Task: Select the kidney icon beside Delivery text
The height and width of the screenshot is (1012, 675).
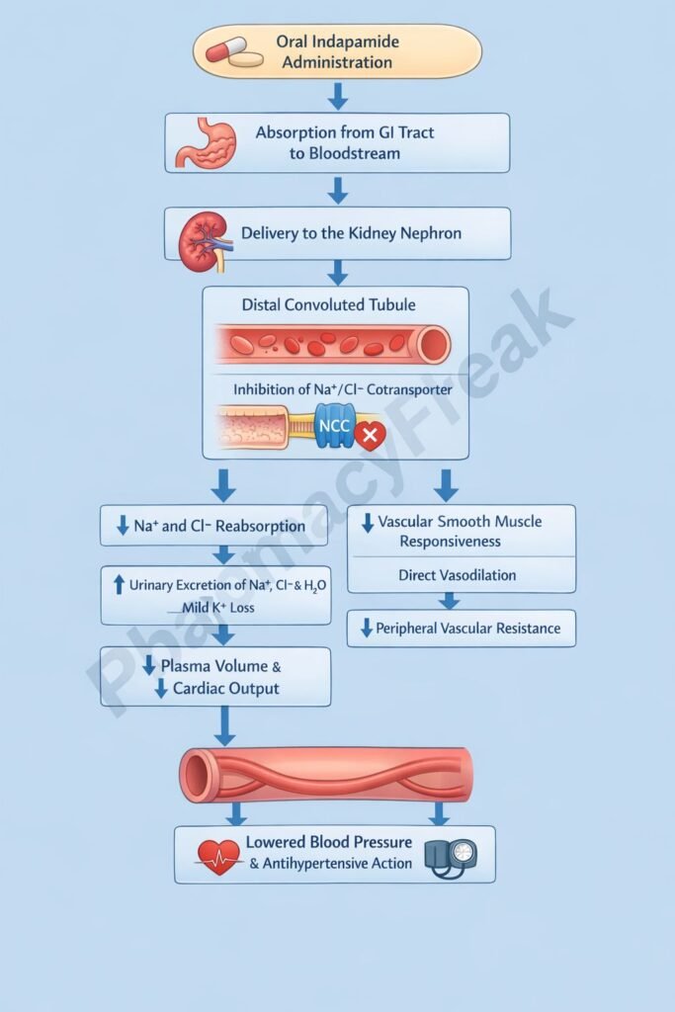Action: (x=202, y=238)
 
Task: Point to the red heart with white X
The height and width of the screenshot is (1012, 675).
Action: (x=371, y=435)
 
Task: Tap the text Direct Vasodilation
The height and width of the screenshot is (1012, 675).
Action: (x=457, y=574)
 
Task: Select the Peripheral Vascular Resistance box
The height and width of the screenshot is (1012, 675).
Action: (x=461, y=629)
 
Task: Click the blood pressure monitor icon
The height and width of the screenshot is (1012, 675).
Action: (x=451, y=856)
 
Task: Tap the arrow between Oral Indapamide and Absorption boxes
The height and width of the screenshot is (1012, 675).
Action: (x=338, y=96)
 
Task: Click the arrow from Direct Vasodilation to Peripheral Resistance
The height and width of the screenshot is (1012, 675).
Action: (x=450, y=601)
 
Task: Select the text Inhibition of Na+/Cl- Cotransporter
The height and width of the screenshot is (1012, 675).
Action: (x=343, y=389)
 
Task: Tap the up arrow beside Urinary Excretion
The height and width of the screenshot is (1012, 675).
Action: (x=120, y=585)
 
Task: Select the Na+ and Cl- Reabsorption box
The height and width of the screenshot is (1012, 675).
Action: (x=213, y=526)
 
